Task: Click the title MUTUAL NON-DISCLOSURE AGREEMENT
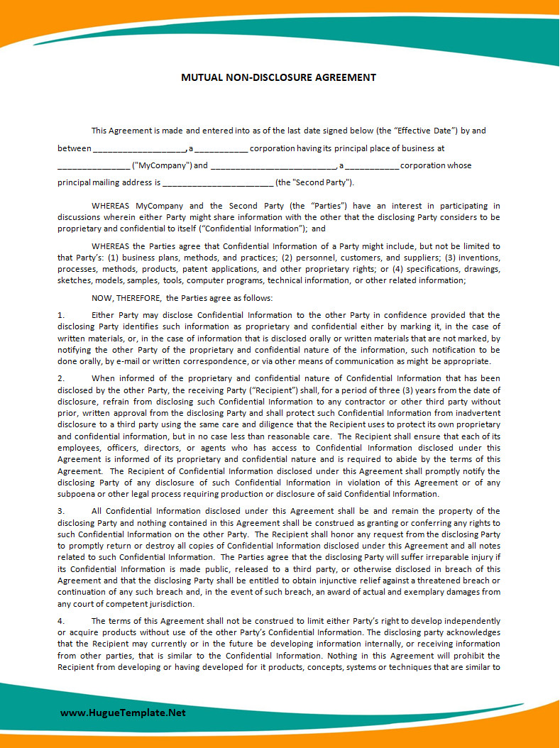point(278,77)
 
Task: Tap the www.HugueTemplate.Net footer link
point(123,713)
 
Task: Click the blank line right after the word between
point(139,150)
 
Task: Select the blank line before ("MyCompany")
point(93,167)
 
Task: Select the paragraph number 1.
point(60,315)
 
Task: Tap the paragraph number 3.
point(60,511)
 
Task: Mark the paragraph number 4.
point(60,621)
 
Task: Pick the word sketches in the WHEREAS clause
point(74,280)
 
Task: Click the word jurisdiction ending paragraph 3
point(170,604)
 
